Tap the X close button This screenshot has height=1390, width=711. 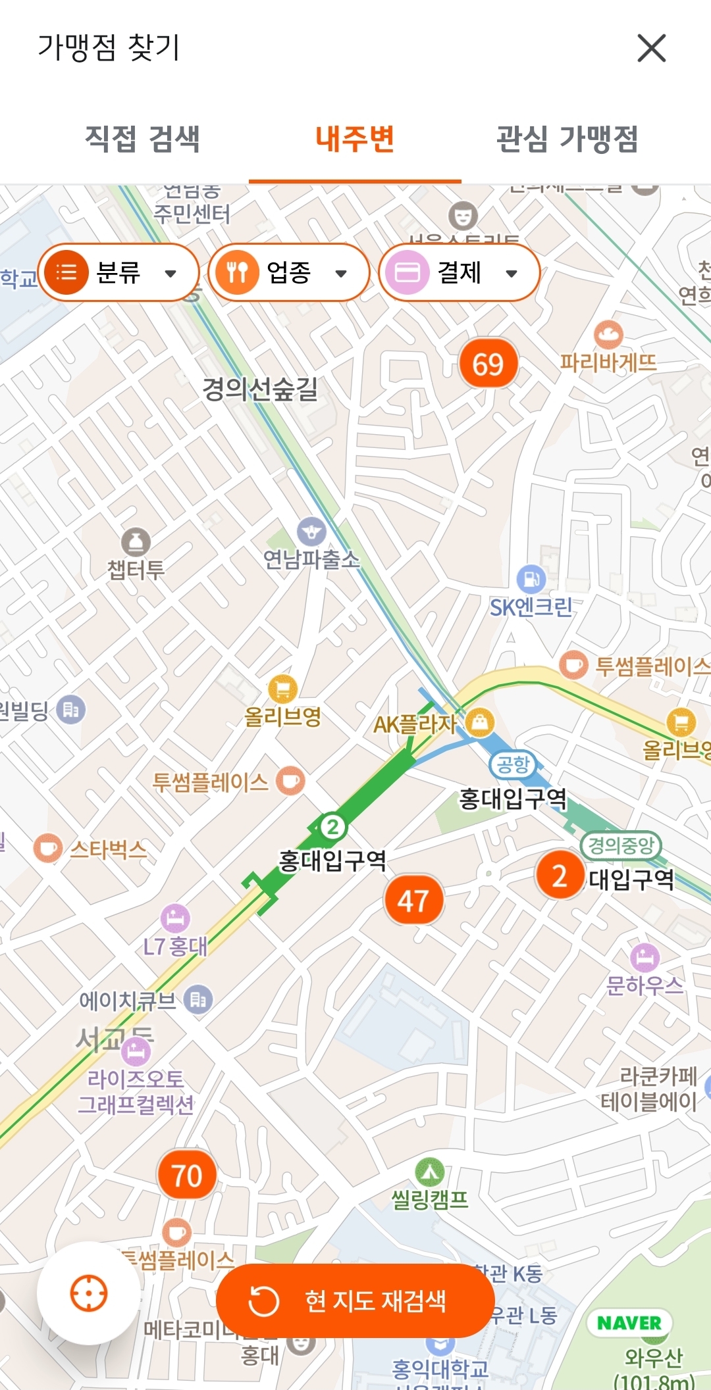point(651,48)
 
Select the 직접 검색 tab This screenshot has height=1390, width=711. point(142,139)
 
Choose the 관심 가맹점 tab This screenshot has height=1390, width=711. point(567,139)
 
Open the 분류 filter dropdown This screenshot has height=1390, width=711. point(118,272)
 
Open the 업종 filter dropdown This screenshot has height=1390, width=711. point(288,272)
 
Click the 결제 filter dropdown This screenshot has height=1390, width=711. point(459,272)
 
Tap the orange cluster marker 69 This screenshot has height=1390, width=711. point(488,364)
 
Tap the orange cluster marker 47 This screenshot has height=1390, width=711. point(413,901)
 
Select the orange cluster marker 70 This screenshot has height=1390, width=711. point(187,1176)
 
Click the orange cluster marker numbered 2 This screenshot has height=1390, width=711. point(560,876)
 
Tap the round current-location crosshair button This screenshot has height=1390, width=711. point(89,1293)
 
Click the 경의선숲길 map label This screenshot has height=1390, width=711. point(260,389)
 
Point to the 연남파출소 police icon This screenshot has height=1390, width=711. point(311,532)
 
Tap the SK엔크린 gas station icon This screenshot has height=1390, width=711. point(531,579)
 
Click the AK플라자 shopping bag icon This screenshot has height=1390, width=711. point(481,722)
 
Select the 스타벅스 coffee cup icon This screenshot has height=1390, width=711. point(47,849)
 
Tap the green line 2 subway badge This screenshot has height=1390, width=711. point(332,826)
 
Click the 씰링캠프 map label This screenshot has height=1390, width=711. point(430,1199)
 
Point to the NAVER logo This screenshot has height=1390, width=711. point(629,1323)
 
